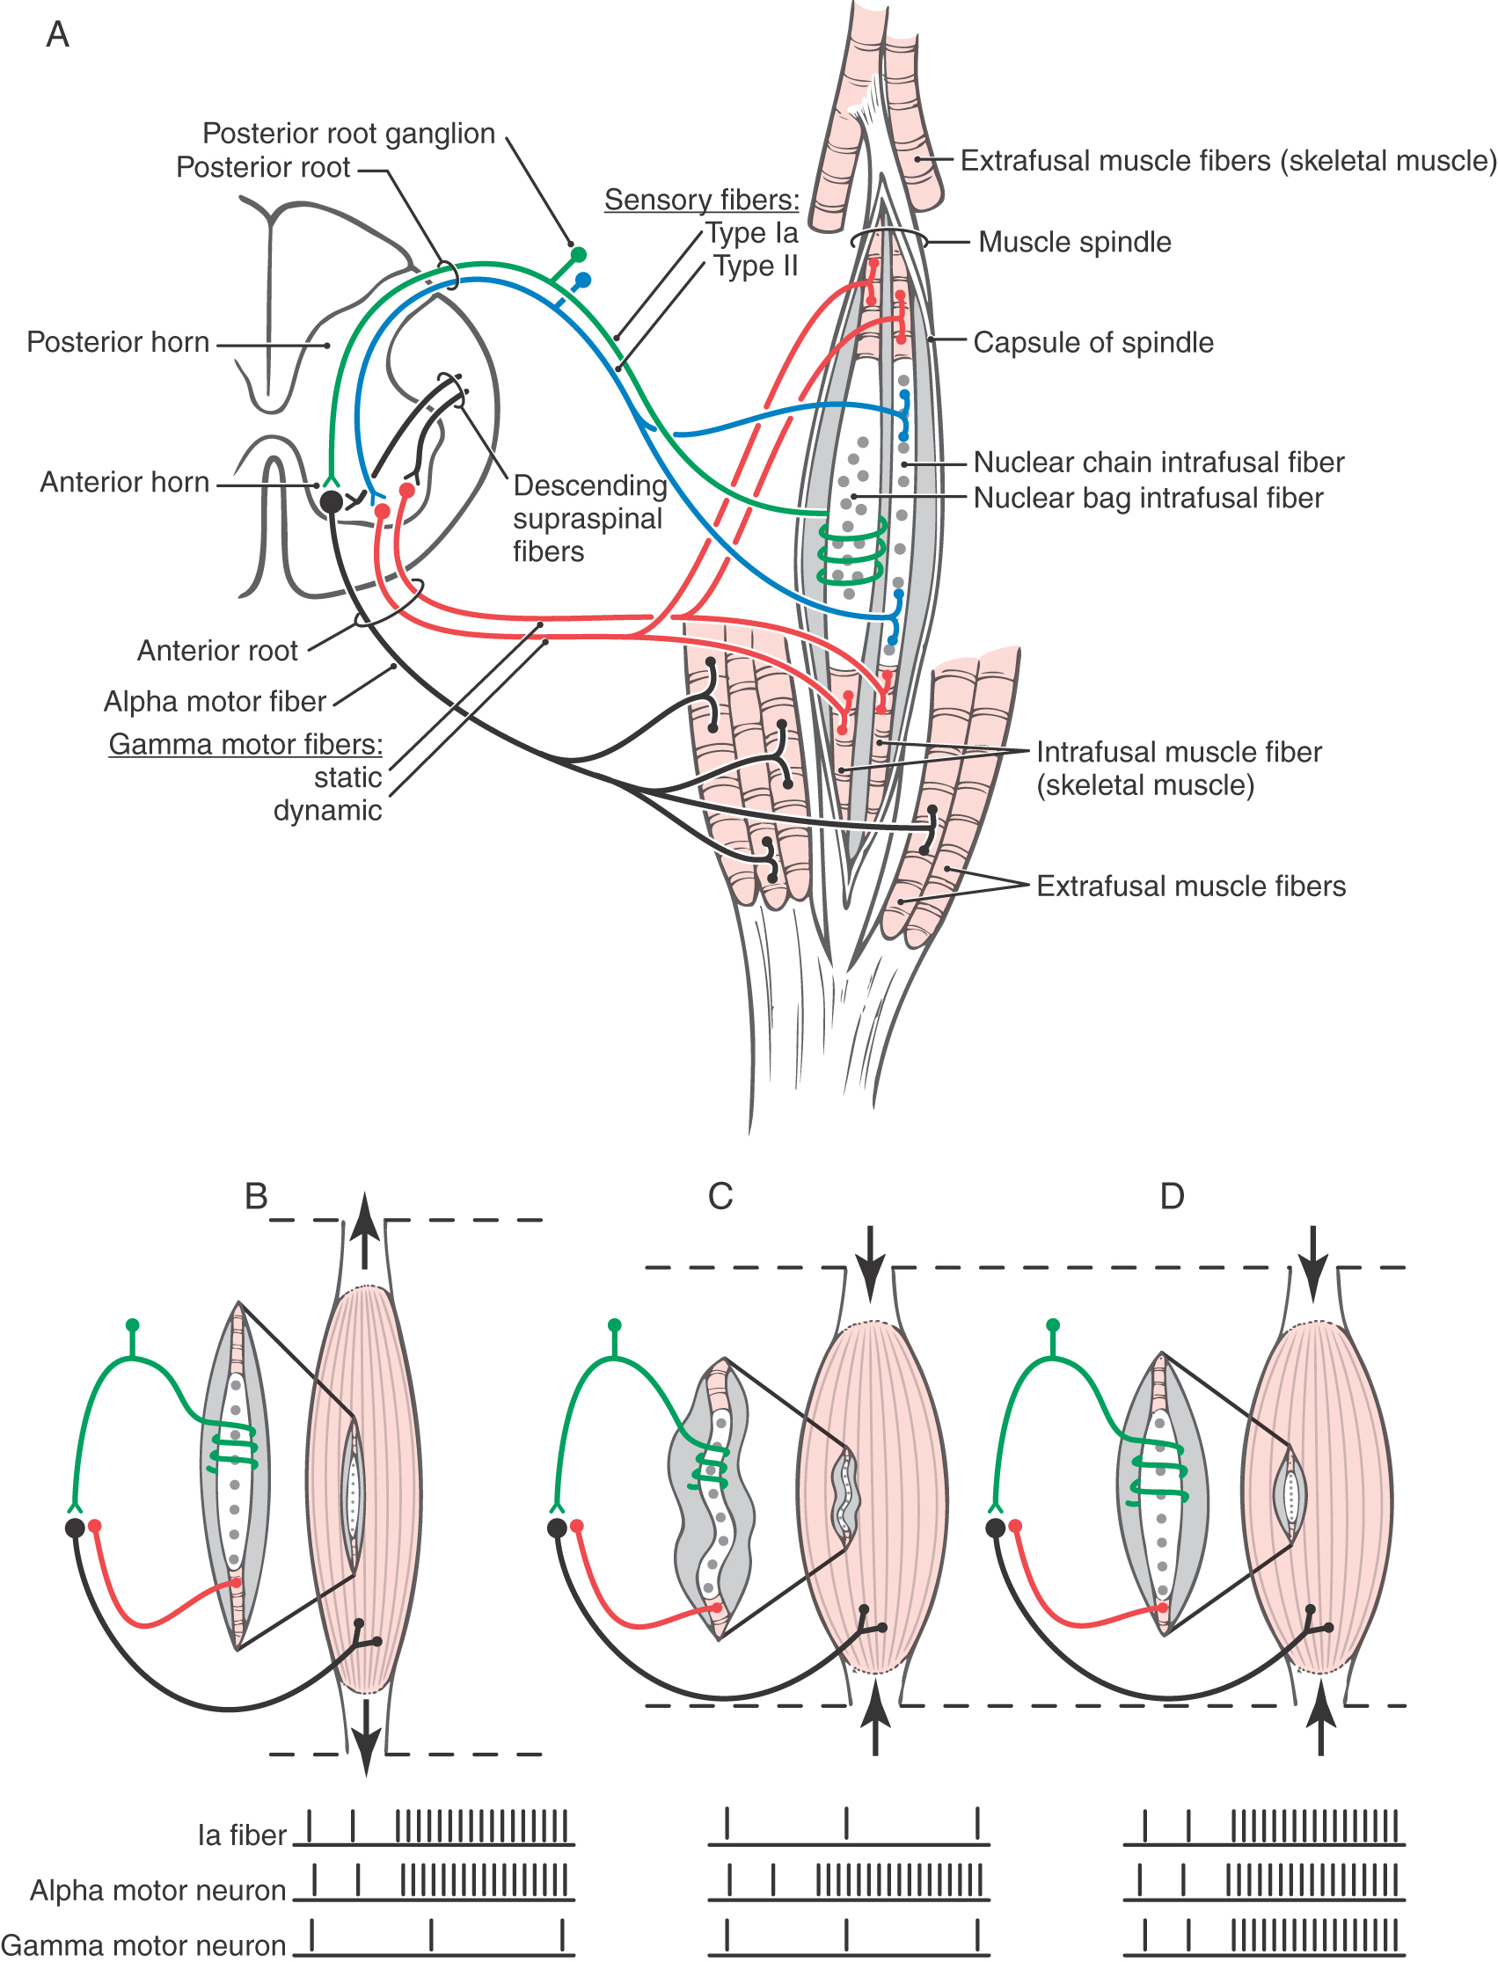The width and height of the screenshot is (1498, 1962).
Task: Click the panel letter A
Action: tap(57, 35)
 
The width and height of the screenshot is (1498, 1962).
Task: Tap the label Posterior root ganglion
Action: tap(347, 134)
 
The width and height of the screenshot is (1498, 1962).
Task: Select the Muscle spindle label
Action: tap(1074, 242)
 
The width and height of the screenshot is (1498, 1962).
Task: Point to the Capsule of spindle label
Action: tap(1093, 342)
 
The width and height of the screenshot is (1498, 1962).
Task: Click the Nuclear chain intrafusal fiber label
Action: tap(1158, 462)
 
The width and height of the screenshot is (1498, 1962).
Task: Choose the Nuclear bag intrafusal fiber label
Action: tap(1148, 498)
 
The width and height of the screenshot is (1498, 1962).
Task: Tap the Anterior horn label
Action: tap(125, 482)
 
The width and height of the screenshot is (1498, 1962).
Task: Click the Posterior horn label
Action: tap(118, 342)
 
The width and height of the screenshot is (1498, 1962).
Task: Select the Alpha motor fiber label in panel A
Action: tap(215, 702)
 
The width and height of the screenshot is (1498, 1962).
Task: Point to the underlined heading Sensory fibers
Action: tap(702, 200)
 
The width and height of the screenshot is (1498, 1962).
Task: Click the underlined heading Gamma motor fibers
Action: tap(245, 744)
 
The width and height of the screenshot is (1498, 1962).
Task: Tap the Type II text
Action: tap(756, 266)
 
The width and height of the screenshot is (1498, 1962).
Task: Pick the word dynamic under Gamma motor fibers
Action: tap(327, 810)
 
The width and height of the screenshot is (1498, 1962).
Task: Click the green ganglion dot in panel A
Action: tap(578, 255)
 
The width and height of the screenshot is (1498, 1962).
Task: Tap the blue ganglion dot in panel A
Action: tap(583, 281)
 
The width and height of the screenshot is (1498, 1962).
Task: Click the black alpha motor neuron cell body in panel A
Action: tap(331, 502)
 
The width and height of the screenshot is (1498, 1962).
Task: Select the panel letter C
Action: tap(720, 1196)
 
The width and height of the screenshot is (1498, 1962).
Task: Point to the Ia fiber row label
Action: tap(242, 1835)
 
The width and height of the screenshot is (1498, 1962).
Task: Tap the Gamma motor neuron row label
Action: tap(143, 1945)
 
